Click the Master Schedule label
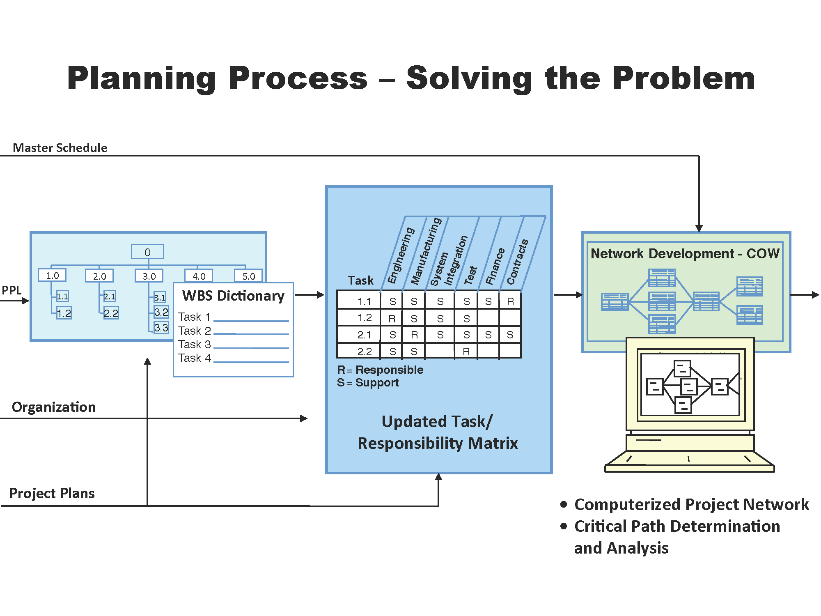tap(60, 148)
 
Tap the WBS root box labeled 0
tap(147, 252)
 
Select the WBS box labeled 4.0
tap(199, 276)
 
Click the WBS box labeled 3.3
tap(161, 328)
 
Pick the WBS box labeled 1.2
tap(64, 313)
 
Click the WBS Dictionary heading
tap(233, 296)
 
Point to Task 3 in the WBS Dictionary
tap(195, 344)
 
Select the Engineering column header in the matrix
tap(401, 255)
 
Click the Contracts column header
tap(517, 262)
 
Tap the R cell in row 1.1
tap(510, 301)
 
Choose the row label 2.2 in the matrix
tap(365, 352)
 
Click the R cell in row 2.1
tap(414, 335)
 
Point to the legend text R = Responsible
tap(380, 370)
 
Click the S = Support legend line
tap(368, 383)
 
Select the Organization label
tap(54, 407)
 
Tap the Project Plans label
tap(52, 493)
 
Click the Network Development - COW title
tap(685, 253)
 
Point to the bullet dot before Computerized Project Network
tap(564, 504)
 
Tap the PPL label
tap(11, 290)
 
